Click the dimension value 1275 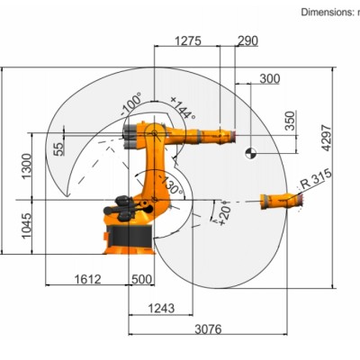[x=187, y=40]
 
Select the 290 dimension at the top [x=247, y=40]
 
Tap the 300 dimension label [x=269, y=78]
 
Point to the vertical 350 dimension [x=289, y=121]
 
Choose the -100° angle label [x=131, y=104]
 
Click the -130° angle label [x=171, y=185]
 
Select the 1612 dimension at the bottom [x=86, y=279]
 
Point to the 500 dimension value [x=141, y=279]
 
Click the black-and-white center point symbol [x=249, y=153]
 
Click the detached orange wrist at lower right [x=277, y=201]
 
